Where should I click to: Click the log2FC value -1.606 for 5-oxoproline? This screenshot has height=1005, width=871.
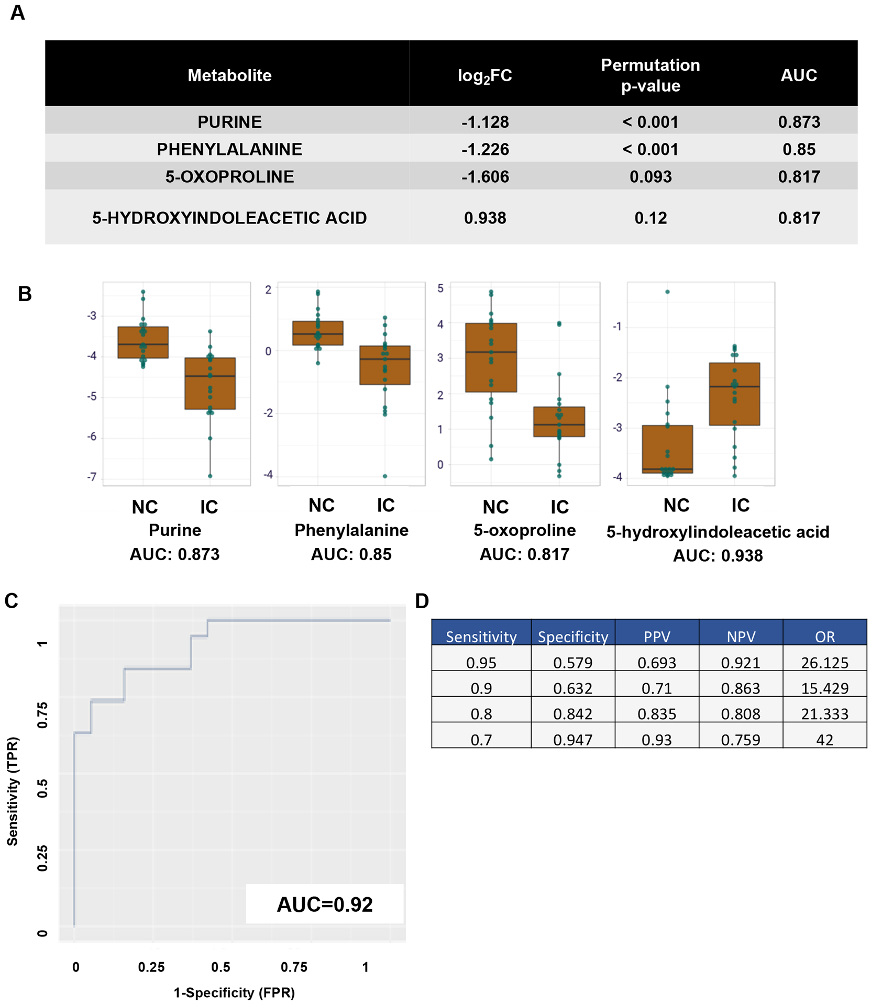point(485,176)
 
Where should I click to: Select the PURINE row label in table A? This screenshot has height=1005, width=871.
point(229,122)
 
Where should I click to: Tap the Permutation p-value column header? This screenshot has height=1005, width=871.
point(651,75)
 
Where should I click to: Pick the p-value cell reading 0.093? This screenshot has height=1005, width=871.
point(651,176)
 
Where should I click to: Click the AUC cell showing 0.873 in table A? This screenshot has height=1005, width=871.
point(799,122)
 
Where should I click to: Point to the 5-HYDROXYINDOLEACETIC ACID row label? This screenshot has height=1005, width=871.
point(229,218)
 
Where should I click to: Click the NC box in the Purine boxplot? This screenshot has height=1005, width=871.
point(143,342)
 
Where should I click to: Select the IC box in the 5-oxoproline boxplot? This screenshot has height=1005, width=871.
point(559,421)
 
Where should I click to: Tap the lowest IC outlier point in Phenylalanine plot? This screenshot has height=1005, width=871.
point(385,476)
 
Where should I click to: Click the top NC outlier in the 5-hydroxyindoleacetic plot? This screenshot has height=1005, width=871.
point(667,292)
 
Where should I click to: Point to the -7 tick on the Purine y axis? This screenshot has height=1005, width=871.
point(92,477)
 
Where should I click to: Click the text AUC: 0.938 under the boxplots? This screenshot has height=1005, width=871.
point(718,555)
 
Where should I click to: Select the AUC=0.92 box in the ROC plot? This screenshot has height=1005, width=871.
point(325,904)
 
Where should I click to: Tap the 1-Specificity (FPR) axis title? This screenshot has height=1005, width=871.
point(234,992)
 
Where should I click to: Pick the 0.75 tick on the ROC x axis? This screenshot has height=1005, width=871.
point(294,967)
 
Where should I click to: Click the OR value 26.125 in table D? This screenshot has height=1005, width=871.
point(824,663)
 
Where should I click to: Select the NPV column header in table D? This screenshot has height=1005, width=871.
point(741,636)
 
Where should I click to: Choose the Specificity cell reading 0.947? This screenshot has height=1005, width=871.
point(572,740)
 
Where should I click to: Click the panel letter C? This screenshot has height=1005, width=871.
point(12,601)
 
